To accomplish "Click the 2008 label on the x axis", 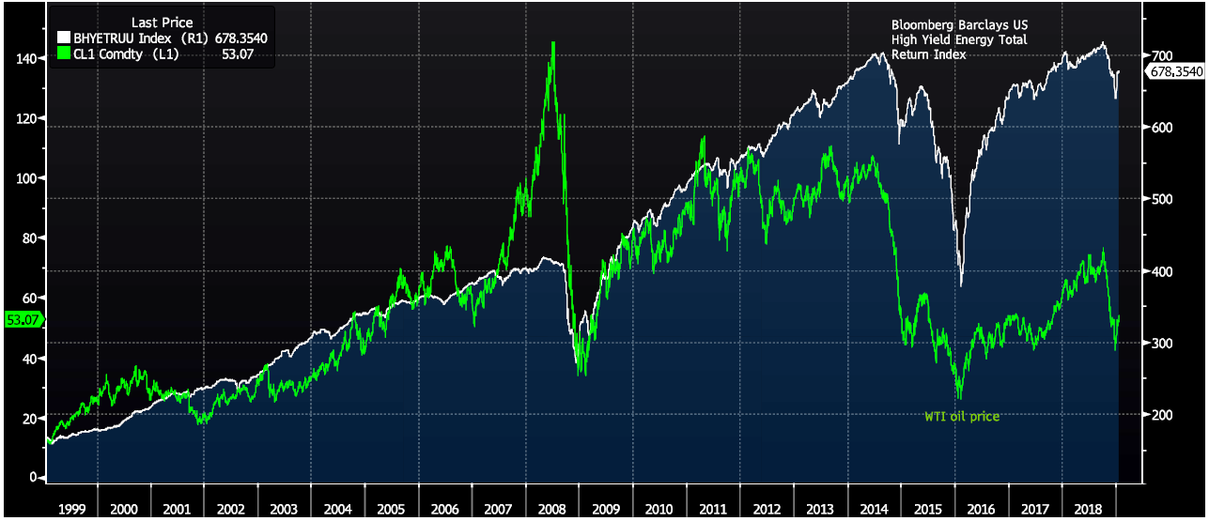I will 551,508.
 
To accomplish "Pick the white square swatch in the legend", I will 64,37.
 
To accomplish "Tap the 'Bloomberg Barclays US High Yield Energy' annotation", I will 959,39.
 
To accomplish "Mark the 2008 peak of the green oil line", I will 552,42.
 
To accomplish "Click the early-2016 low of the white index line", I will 961,284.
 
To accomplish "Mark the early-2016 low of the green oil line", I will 959,398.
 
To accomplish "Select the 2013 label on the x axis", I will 819,508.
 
